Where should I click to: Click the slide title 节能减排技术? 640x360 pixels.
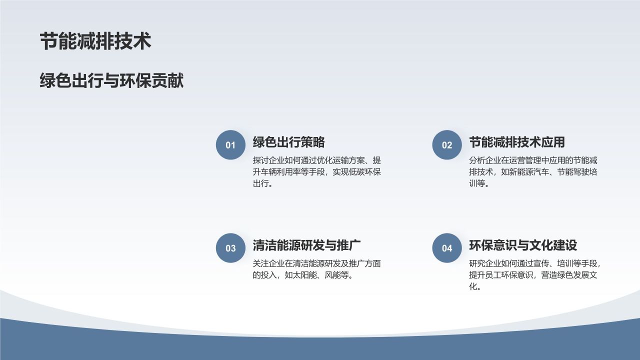[95, 41]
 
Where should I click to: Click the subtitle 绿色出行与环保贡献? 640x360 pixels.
[111, 80]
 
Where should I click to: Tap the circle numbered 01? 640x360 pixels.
[230, 145]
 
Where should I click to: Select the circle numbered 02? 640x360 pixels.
[447, 145]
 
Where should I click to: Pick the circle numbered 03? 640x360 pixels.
[230, 248]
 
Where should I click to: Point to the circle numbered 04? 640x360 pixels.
[447, 248]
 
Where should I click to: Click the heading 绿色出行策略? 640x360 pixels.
[288, 142]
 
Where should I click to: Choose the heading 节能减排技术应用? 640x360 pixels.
[516, 142]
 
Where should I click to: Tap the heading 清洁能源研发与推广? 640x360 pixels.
[307, 245]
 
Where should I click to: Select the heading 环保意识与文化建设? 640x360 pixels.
[523, 245]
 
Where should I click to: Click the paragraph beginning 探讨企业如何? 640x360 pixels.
[317, 172]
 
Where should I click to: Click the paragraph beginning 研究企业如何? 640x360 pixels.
[534, 275]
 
